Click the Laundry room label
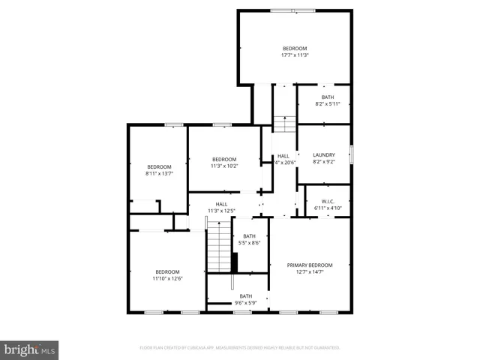pos(324,155)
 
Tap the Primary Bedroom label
pos(310,265)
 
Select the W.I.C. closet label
pos(328,201)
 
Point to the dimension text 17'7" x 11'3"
pos(295,55)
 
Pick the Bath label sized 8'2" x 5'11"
pos(328,97)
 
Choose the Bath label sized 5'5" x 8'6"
pos(249,236)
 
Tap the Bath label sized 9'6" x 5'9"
pos(246,296)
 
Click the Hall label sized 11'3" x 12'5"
pos(222,204)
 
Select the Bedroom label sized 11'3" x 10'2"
pos(224,159)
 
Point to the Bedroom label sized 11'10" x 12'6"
pos(167,271)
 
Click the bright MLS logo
pos(30,349)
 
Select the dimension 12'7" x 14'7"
pos(310,271)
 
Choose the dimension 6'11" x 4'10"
pos(328,208)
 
